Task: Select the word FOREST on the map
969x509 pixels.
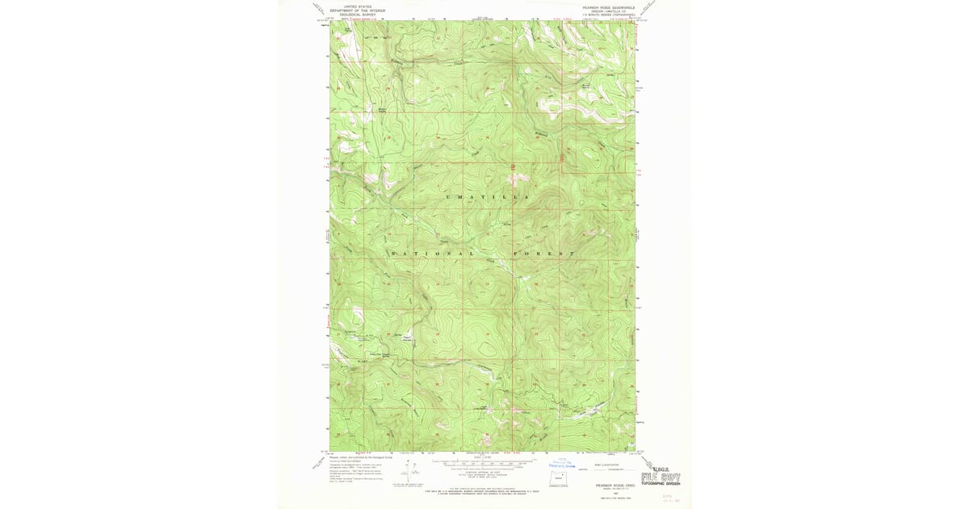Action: pos(550,254)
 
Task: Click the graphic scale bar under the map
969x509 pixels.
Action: pos(483,465)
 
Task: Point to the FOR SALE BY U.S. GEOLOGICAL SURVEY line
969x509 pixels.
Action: pos(483,490)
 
